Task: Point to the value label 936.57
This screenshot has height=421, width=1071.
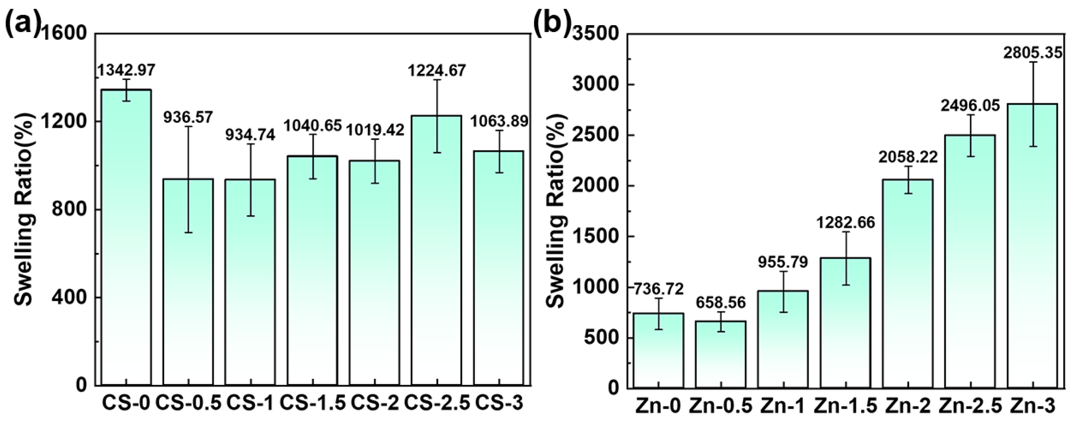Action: (188, 117)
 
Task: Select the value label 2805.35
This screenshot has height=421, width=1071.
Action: (1032, 53)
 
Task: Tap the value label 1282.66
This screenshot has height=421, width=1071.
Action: (846, 223)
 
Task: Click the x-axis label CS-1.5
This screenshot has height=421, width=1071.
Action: (312, 403)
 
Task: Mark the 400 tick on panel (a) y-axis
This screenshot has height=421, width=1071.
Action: (71, 298)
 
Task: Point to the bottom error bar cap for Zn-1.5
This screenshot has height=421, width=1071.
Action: (846, 285)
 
